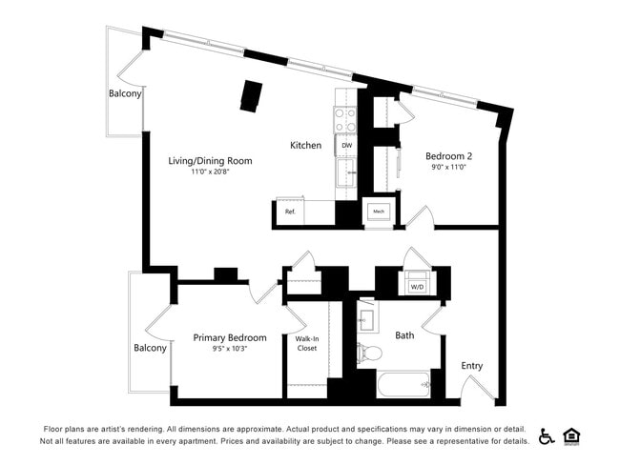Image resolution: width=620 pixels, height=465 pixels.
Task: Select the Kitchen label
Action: pos(306,145)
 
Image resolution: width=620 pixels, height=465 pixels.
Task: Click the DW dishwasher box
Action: pos(346,145)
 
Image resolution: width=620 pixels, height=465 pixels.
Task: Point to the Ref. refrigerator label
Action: pos(291,212)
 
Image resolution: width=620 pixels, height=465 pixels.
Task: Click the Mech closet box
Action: pos(378,212)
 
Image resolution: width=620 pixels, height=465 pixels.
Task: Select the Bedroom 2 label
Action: pos(449,155)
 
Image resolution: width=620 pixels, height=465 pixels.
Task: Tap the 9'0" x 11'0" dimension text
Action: pos(449,168)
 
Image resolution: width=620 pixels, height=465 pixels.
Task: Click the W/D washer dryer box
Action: pos(417,286)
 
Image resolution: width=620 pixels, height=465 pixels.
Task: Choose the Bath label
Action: pos(405,334)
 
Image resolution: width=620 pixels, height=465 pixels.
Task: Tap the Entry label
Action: pos(471,365)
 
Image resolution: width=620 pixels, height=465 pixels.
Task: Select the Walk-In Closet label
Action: pos(306,343)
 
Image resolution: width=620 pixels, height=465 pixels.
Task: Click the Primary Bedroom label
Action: pos(229,337)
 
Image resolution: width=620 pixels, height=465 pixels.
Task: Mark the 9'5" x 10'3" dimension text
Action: pos(229,350)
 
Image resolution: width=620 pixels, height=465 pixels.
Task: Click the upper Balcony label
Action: pos(125,93)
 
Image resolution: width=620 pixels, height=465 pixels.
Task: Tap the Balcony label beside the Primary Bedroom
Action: pos(150,348)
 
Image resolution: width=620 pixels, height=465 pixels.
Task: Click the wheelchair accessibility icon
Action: pos(547,435)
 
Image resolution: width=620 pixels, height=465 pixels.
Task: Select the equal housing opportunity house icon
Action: pos(572,435)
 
